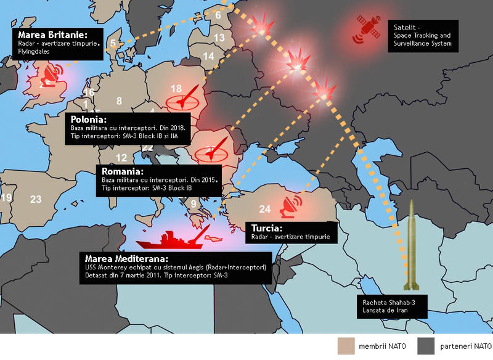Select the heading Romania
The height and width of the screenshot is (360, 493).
coord(123,171)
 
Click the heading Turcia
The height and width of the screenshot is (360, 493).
coord(266,227)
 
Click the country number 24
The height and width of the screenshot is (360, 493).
coord(264,208)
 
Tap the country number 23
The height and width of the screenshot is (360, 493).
coord(36,198)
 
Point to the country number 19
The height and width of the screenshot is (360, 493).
coord(6,198)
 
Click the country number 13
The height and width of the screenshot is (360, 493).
coord(219,38)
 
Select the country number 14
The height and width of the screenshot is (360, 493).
coord(209,56)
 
